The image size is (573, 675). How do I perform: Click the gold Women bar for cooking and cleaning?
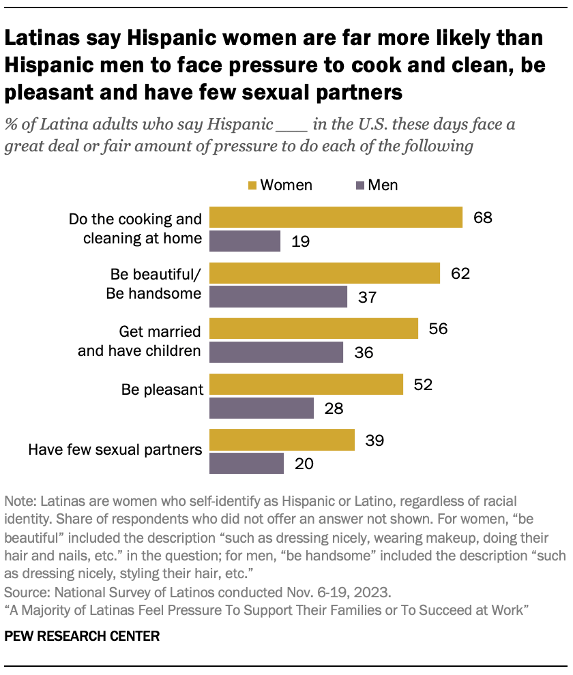[336, 217]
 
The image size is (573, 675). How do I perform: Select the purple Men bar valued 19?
[245, 241]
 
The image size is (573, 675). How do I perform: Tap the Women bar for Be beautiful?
[325, 273]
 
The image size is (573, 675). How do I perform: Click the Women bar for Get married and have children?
[313, 329]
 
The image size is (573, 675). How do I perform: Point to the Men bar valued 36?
[276, 352]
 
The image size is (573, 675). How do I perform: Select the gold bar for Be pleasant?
[306, 385]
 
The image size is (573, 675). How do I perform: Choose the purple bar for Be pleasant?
[261, 408]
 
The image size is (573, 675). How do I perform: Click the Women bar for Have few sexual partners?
[282, 440]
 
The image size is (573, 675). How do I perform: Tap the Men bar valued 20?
[246, 464]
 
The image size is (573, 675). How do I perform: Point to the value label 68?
[481, 217]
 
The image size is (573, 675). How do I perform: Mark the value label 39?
[373, 440]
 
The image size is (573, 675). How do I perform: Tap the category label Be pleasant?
[162, 390]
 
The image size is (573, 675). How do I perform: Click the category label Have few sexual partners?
[115, 450]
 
